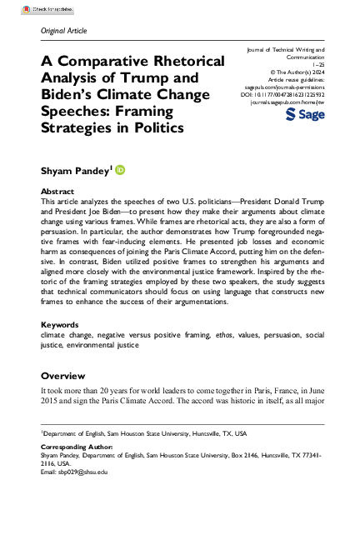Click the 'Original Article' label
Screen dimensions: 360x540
[x=62, y=31]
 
